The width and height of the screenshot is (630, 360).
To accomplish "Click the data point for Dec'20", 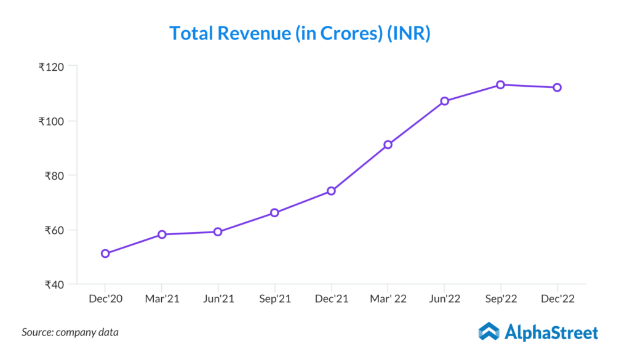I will pyautogui.click(x=105, y=254).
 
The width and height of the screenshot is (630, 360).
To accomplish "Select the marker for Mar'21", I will pyautogui.click(x=162, y=234).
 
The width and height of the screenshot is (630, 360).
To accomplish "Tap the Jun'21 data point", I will pyautogui.click(x=218, y=232).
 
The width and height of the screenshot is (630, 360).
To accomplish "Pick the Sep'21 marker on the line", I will pyautogui.click(x=274, y=213).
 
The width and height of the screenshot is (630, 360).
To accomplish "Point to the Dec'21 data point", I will pyautogui.click(x=331, y=191).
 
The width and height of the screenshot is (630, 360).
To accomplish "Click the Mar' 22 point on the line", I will pyautogui.click(x=388, y=145).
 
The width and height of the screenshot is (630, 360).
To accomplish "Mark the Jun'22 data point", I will pyautogui.click(x=444, y=101).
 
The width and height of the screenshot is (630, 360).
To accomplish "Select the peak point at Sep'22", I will pyautogui.click(x=501, y=84).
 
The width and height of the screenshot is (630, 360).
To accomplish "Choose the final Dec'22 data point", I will pyautogui.click(x=557, y=87).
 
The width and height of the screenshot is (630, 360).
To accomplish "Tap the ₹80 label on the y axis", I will pyautogui.click(x=55, y=176).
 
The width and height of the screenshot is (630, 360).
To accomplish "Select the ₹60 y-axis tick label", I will pyautogui.click(x=55, y=230).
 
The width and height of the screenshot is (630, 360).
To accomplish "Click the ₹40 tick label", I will pyautogui.click(x=55, y=285).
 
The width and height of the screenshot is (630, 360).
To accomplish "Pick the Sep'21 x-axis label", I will pyautogui.click(x=274, y=298).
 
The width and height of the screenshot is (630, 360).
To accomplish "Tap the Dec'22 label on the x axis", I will pyautogui.click(x=557, y=298).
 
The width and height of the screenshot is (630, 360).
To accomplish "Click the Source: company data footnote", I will pyautogui.click(x=70, y=332).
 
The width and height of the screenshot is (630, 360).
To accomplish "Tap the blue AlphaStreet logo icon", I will pyautogui.click(x=489, y=331).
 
